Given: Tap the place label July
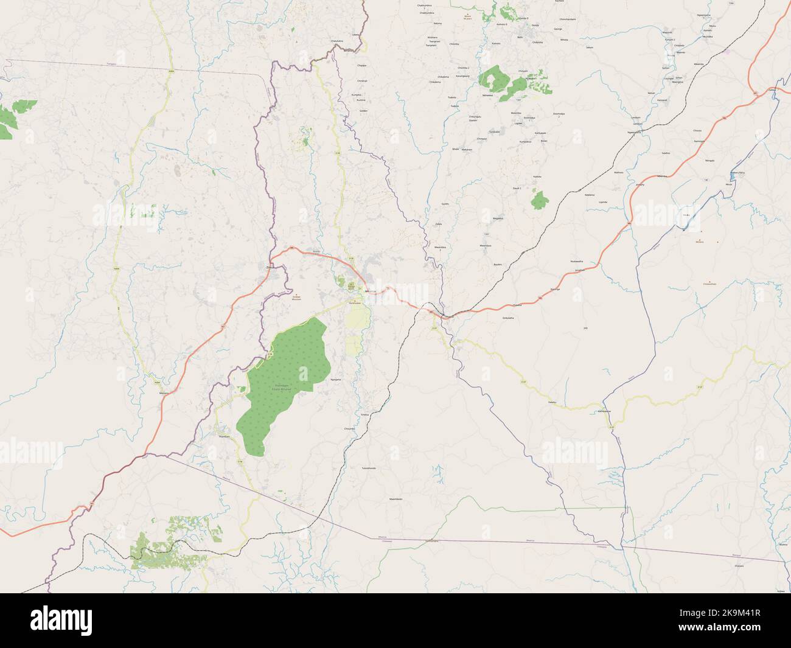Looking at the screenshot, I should [586, 328].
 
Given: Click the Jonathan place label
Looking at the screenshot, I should [579, 269].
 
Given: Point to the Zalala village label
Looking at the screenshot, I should [438, 225].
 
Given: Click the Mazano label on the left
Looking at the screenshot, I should [163, 393].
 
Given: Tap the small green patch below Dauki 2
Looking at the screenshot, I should [538, 200].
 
